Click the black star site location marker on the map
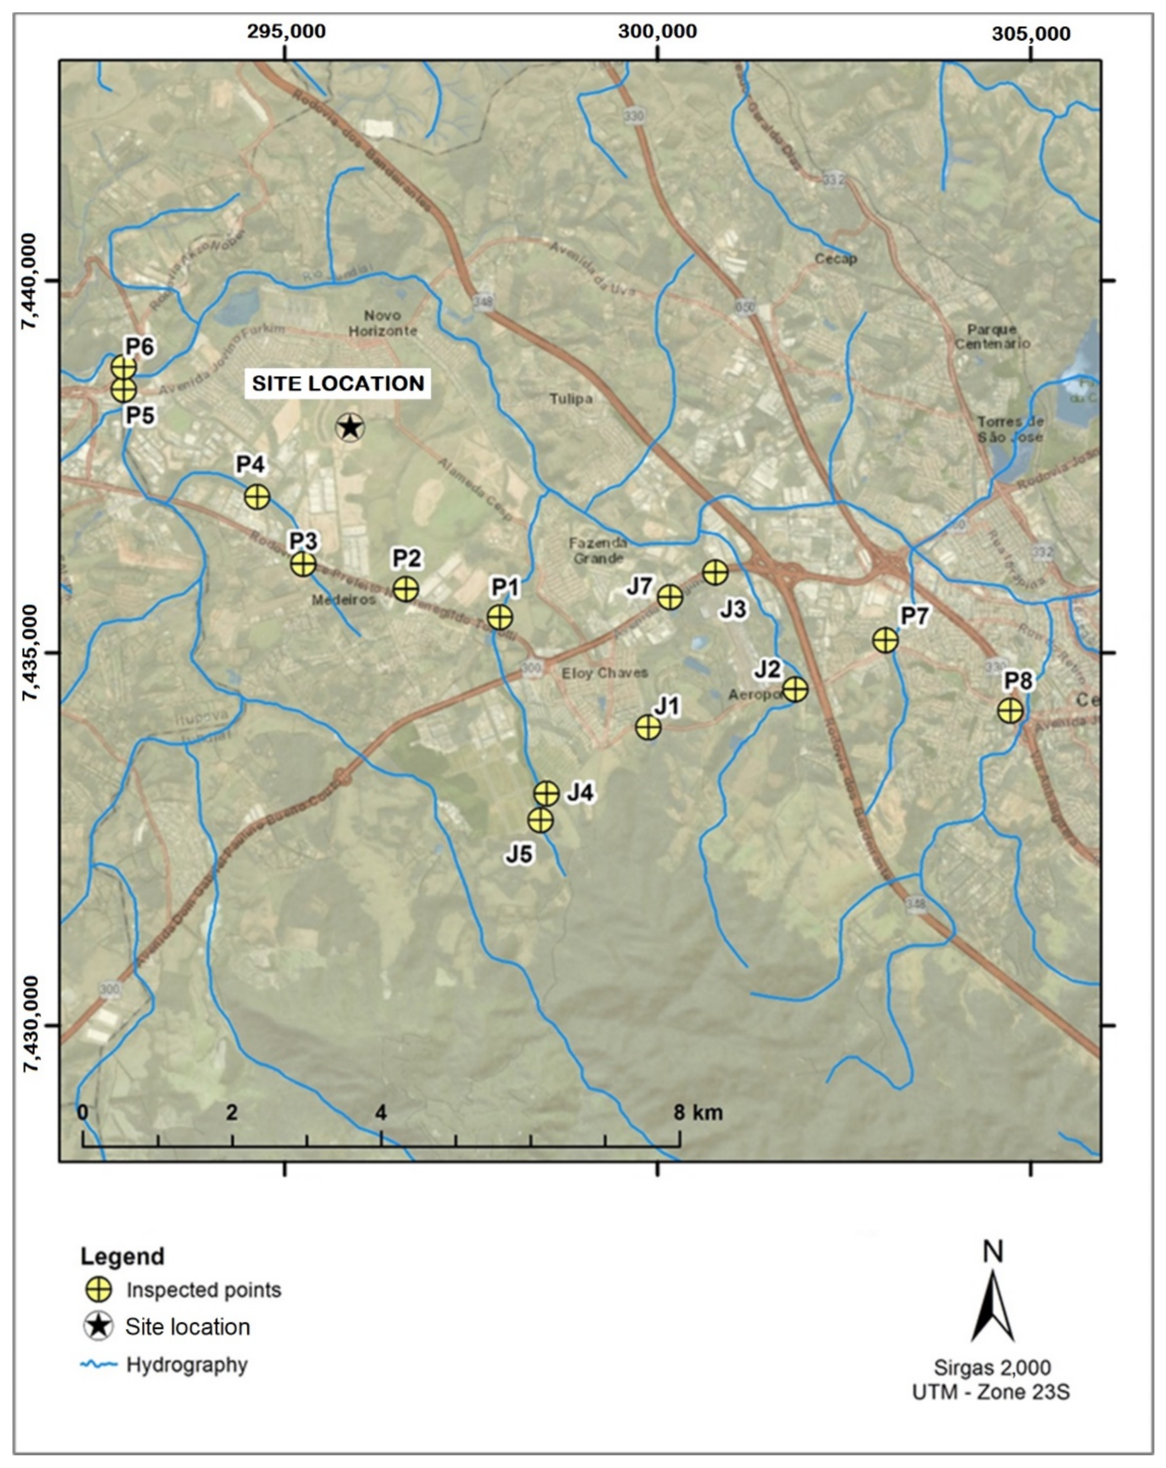[x=350, y=428]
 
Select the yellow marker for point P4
[x=256, y=497]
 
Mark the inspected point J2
[x=794, y=689]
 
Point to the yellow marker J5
[x=540, y=821]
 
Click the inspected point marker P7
[x=885, y=640]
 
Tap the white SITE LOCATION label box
[x=338, y=383]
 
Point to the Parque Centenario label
[x=993, y=336]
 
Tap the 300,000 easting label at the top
[x=657, y=31]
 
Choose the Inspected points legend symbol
[x=99, y=1290]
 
